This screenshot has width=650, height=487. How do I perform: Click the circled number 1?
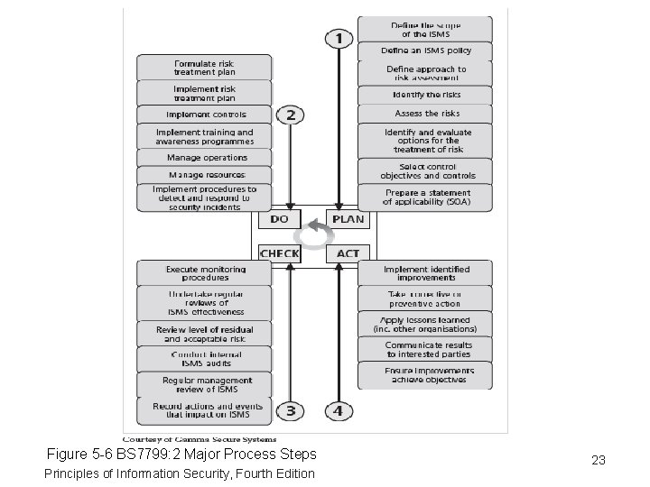point(339,39)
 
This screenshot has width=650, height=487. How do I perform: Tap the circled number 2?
point(290,115)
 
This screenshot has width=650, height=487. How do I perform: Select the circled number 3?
point(290,411)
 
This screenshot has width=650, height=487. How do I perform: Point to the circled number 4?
point(338,411)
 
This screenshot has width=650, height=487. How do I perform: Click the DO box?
point(280,218)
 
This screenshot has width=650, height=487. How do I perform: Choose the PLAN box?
point(348,218)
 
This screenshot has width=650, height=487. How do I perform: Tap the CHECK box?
point(280,253)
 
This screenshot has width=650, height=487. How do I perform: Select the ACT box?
point(348,253)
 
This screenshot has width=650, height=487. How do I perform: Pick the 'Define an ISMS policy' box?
point(425,51)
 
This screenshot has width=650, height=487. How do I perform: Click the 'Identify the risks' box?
point(425,95)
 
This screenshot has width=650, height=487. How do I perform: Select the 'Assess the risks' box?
point(425,114)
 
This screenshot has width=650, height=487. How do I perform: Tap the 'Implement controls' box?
point(204,115)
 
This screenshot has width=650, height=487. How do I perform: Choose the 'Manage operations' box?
point(204,157)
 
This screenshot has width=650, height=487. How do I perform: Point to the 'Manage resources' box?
point(204,174)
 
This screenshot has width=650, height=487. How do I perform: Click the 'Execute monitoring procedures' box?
point(204,273)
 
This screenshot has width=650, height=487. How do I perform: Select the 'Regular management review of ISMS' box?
point(204,385)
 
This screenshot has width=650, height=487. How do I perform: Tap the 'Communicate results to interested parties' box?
point(425,349)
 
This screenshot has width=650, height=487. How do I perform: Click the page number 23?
point(598,460)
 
